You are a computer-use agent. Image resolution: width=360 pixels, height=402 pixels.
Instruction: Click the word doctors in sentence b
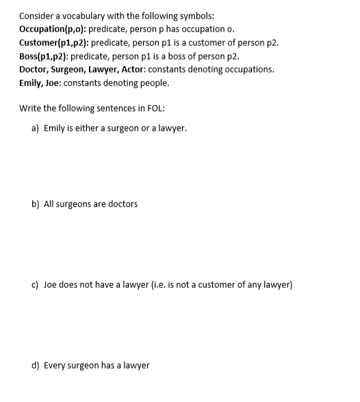pyautogui.click(x=123, y=204)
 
